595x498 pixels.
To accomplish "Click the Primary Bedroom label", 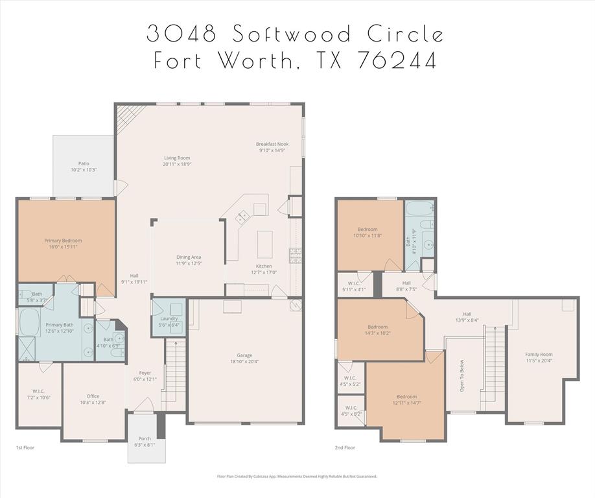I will [x=63, y=241].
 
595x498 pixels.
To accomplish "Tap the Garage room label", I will [x=244, y=355].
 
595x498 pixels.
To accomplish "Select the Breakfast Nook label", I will [x=272, y=144].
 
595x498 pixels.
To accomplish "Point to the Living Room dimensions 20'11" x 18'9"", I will [x=176, y=164].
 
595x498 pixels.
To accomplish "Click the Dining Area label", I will [x=189, y=257].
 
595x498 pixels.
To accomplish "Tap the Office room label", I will [x=93, y=396].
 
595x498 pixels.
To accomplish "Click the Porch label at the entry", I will [x=145, y=439].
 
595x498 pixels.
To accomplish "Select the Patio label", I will [x=84, y=163].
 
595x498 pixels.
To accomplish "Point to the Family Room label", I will [x=539, y=354].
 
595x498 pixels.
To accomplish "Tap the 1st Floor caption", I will [x=25, y=447].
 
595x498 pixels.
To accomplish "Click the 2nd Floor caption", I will [x=345, y=447].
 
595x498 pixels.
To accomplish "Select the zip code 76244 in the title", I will [x=396, y=60].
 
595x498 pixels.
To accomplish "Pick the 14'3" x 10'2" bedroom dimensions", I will [x=378, y=333].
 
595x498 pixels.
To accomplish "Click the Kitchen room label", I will [x=264, y=267].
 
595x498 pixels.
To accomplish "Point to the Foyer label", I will [x=145, y=373].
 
